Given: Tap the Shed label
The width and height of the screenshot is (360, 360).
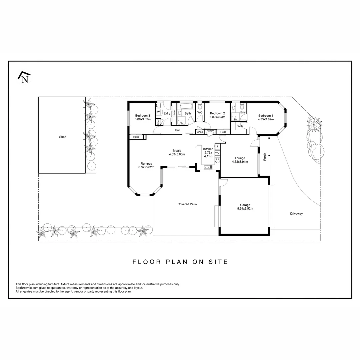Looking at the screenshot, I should click(x=63, y=137).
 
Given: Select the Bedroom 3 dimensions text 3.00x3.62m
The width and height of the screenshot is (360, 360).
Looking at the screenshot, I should click(x=143, y=119).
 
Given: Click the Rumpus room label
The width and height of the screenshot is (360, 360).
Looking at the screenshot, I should click(x=146, y=164).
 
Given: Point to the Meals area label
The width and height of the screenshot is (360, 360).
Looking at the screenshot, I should click(x=177, y=150).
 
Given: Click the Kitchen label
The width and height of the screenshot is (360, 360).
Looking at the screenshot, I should click(x=208, y=149).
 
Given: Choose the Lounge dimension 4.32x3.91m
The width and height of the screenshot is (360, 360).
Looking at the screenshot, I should click(x=240, y=162).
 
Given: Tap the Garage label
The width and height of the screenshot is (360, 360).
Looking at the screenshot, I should click(x=245, y=205).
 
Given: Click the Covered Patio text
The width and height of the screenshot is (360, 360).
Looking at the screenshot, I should click(x=187, y=204).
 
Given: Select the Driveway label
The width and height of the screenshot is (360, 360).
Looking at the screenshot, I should click(x=296, y=214).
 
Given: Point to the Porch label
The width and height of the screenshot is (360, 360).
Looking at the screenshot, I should click(x=265, y=156).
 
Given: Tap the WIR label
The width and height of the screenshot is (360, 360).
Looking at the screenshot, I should click(x=240, y=126).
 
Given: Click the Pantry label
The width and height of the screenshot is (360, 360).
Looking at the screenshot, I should click(x=210, y=131).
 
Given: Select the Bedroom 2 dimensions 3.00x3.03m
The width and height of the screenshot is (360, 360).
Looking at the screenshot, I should click(x=217, y=117).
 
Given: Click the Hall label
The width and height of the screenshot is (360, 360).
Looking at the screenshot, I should click(x=178, y=130).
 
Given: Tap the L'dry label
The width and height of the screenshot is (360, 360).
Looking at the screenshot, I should click(x=167, y=114).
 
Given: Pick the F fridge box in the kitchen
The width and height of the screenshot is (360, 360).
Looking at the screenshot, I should click(x=217, y=147).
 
